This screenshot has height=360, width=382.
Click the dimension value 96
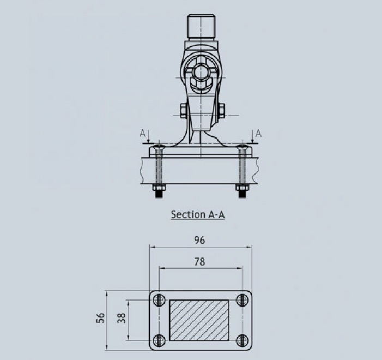(x=199, y=240)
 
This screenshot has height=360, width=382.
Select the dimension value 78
(x=199, y=262)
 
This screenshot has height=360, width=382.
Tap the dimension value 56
(x=100, y=318)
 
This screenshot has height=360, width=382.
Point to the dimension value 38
(x=122, y=318)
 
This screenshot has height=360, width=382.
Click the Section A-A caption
(x=198, y=214)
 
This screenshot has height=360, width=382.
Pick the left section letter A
(x=142, y=134)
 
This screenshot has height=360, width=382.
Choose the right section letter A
(x=258, y=134)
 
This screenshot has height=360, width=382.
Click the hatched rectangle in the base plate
(x=199, y=321)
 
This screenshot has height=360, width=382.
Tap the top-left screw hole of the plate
(x=159, y=300)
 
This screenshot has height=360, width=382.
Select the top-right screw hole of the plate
(x=242, y=300)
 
